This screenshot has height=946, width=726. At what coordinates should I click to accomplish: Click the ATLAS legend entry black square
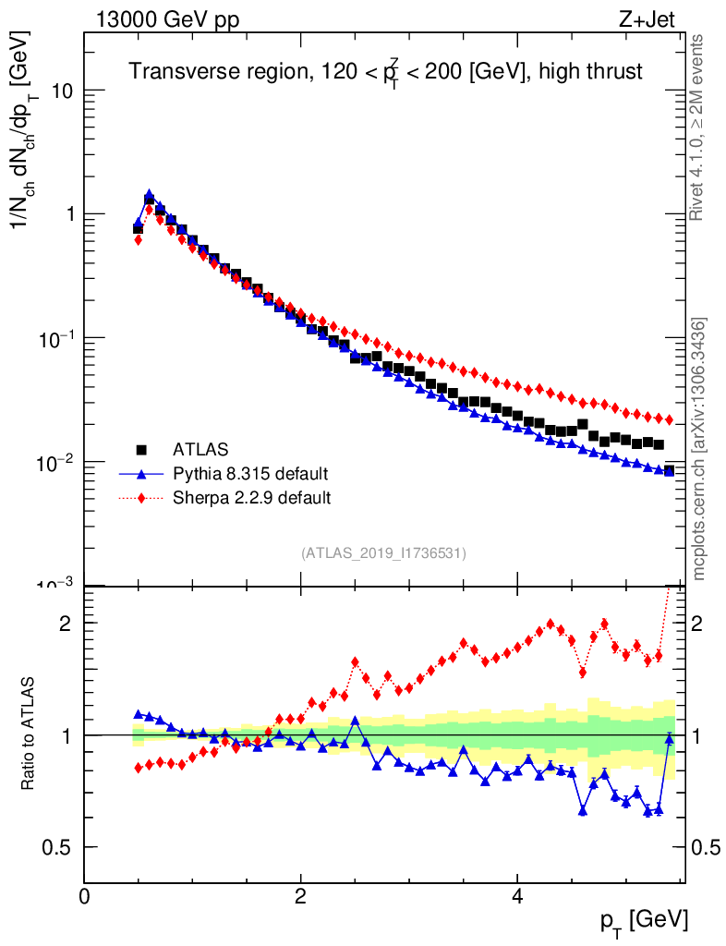[141, 450]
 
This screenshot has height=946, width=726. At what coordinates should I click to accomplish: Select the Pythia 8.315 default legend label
[250, 474]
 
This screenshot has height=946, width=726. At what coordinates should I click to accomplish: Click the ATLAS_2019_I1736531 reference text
[383, 553]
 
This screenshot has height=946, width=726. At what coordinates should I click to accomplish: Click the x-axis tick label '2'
[301, 897]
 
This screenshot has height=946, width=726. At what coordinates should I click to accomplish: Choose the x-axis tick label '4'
[517, 897]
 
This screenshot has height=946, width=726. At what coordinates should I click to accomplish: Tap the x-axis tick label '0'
[85, 897]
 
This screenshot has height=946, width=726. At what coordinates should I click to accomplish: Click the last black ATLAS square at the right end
[669, 471]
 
